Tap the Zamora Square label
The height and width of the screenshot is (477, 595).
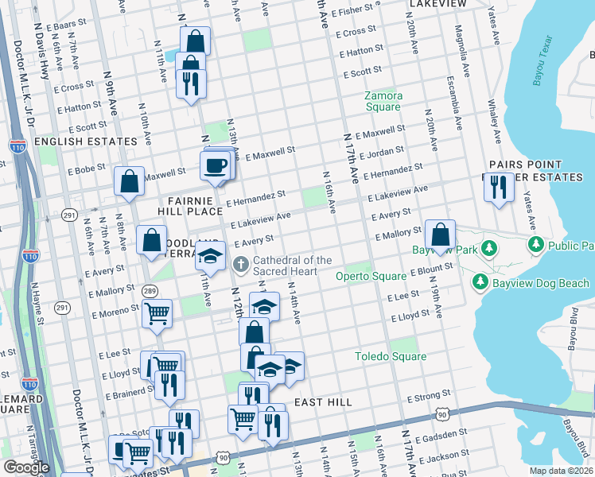[383, 101]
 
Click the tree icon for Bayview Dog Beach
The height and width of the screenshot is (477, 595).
[480, 281]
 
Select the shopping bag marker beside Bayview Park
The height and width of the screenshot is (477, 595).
[440, 235]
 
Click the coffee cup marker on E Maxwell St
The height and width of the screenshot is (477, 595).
[216, 166]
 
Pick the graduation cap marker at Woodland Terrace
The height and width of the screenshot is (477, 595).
[211, 257]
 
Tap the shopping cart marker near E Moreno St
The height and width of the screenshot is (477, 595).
[157, 313]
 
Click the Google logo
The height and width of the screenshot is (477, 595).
[26, 467]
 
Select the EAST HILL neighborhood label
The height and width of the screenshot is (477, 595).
[323, 402]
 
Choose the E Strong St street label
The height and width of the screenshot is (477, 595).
[429, 395]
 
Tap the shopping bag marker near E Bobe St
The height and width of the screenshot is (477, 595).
[128, 182]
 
